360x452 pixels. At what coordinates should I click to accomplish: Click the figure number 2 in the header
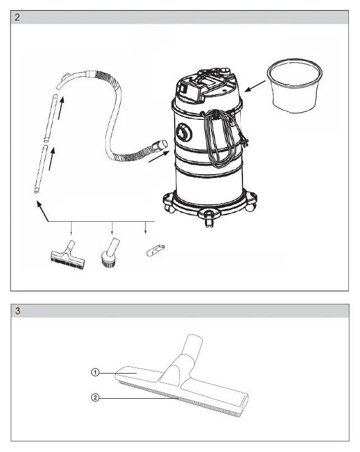click(17, 17)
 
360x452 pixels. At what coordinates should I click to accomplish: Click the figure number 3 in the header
click(17, 311)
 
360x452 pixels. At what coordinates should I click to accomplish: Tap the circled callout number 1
click(95, 372)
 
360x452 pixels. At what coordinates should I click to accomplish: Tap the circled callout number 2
click(95, 398)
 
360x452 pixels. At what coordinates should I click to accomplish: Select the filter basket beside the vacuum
click(294, 85)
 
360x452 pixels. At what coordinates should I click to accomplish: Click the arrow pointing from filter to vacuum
click(255, 86)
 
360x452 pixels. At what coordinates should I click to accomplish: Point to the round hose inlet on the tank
click(184, 132)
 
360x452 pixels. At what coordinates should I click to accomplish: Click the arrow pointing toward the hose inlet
click(159, 156)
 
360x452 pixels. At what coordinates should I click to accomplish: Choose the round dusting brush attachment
click(109, 253)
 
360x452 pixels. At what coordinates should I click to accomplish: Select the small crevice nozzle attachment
click(156, 250)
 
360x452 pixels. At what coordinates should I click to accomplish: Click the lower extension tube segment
click(41, 169)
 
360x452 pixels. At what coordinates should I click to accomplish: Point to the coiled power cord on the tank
click(222, 137)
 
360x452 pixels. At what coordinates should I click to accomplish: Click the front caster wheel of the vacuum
click(209, 218)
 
